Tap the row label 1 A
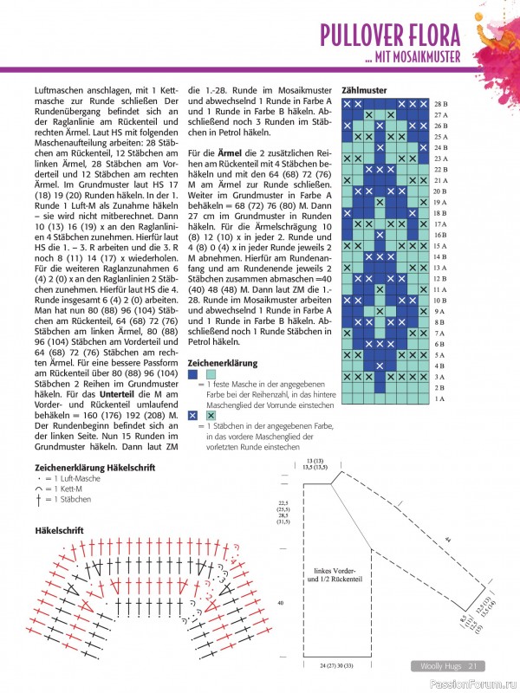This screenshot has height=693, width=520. pos(439,398)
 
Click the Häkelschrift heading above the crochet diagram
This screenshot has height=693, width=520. pos(60,529)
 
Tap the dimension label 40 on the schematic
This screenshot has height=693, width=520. pos(280,602)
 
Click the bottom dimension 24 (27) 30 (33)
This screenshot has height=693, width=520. pos(323,665)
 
